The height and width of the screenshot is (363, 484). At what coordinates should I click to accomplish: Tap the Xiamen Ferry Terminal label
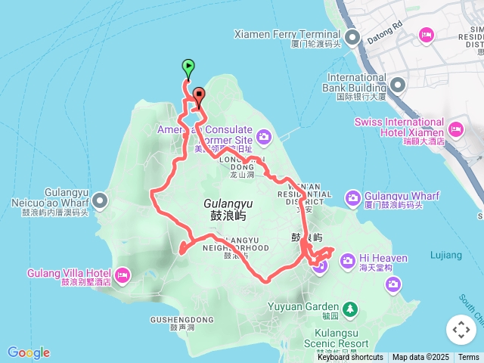coord(287,34)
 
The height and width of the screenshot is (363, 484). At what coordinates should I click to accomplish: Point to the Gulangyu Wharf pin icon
coord(353,198)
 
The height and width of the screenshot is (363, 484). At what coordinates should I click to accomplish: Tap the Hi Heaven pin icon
coord(347,261)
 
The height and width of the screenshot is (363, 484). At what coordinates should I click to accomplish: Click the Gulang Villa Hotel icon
coord(123,273)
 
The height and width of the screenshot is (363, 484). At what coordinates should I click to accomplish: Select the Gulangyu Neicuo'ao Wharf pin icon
coord(101,200)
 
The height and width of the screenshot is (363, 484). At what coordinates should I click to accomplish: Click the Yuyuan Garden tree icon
coord(349,308)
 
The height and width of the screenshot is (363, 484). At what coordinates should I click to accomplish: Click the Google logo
coord(28,352)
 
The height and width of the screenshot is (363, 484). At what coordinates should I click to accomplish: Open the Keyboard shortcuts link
coord(350,358)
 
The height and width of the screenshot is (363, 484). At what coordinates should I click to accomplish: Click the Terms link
coord(469,358)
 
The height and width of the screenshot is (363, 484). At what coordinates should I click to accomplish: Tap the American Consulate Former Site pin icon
coord(264,137)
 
